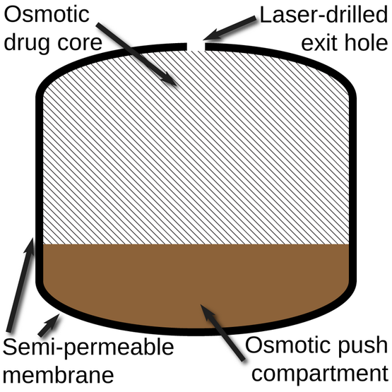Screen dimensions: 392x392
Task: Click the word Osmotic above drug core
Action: click(47, 15)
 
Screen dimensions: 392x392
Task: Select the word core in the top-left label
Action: click(80, 43)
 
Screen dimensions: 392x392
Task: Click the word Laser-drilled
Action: click(323, 15)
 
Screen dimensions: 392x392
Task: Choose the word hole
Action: click(367, 42)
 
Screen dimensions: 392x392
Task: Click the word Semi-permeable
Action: click(88, 348)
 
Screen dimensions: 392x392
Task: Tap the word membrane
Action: click(58, 375)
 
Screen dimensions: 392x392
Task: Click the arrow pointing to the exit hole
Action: click(230, 28)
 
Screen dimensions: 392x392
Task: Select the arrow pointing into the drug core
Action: click(137, 54)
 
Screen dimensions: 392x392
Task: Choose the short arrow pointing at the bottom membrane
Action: click(49, 325)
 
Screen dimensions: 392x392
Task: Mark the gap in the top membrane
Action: click(196, 47)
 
